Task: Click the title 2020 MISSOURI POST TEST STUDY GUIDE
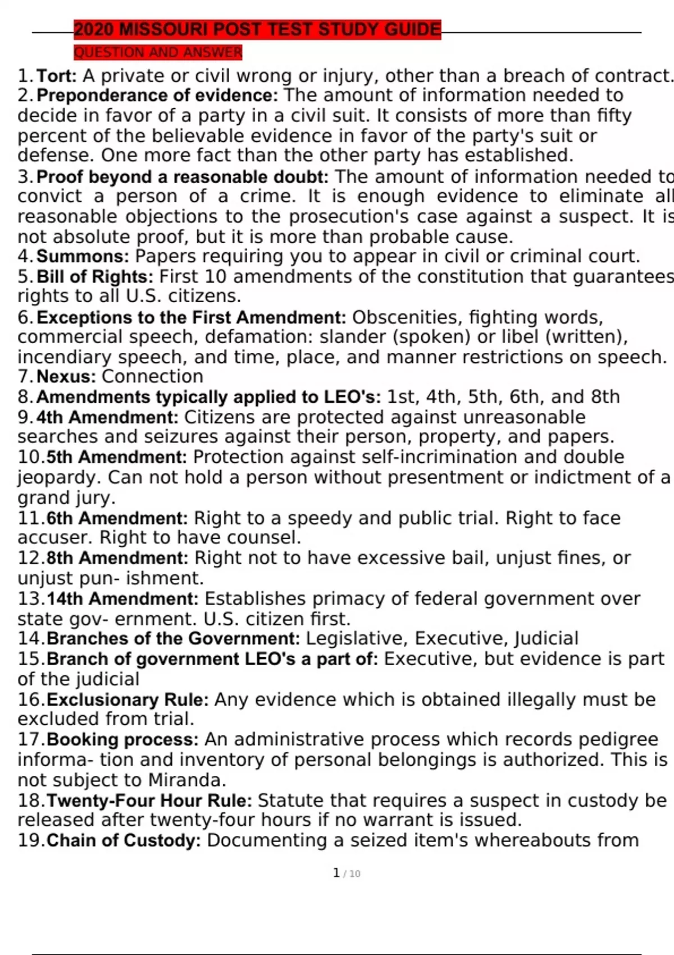pyautogui.click(x=257, y=29)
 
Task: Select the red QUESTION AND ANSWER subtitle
pyautogui.click(x=158, y=52)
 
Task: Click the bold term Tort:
pyautogui.click(x=57, y=75)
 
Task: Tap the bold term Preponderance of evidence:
pyautogui.click(x=157, y=95)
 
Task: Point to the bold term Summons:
pyautogui.click(x=83, y=256)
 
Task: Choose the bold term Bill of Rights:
pyautogui.click(x=95, y=276)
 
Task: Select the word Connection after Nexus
pyautogui.click(x=152, y=376)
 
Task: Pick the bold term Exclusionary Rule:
pyautogui.click(x=127, y=699)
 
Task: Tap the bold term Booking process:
pyautogui.click(x=122, y=739)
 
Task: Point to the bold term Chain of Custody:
pyautogui.click(x=124, y=840)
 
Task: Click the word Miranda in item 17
pyautogui.click(x=186, y=780)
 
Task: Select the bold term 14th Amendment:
pyautogui.click(x=122, y=598)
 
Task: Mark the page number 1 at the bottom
pyautogui.click(x=336, y=873)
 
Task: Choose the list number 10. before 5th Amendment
pyautogui.click(x=30, y=457)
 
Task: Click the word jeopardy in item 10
pyautogui.click(x=59, y=477)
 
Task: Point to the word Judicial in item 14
pyautogui.click(x=546, y=638)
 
